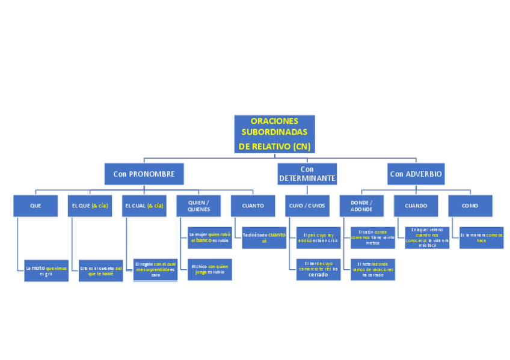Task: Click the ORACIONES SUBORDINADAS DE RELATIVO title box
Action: pos(274,133)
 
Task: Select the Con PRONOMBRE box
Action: pos(144,174)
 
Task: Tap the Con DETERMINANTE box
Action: pos(307,174)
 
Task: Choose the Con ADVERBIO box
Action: pos(416,174)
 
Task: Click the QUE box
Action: pos(35,206)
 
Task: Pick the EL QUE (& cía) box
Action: pos(90,206)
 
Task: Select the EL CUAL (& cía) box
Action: pos(144,206)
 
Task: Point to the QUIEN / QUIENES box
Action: pos(198,206)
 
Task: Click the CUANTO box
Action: pos(253,206)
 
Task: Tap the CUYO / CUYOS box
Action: pos(307,206)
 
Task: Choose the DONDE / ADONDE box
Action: pos(361,206)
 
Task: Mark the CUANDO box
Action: pos(416,206)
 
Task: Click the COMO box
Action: pos(470,206)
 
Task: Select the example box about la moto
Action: pos(46,270)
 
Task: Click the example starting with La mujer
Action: pos(210,237)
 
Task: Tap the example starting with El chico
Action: pos(210,269)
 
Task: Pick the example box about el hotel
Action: pos(373,269)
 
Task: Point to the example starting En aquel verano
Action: pos(427,237)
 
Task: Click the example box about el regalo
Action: pos(155,269)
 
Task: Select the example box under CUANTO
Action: pos(264,237)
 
